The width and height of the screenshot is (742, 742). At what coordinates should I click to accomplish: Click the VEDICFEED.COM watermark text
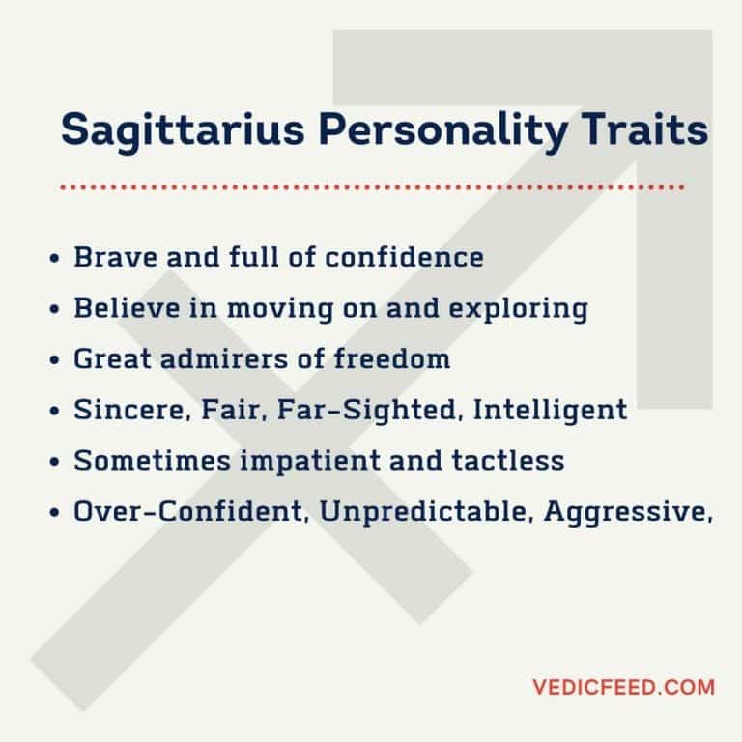coord(623,688)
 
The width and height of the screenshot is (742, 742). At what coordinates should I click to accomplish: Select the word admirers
coord(220,359)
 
